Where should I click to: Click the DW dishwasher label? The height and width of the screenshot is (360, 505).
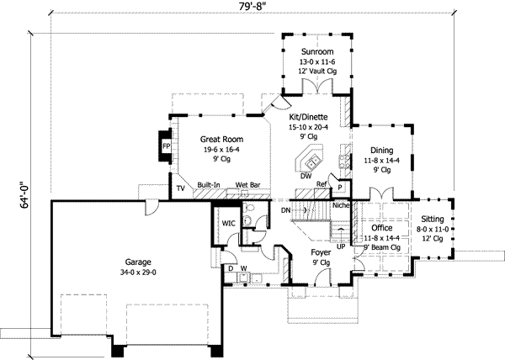[306, 177]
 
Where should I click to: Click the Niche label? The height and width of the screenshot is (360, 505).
[341, 204]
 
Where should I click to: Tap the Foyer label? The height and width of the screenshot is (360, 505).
[321, 251]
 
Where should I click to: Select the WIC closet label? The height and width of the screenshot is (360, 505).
[227, 224]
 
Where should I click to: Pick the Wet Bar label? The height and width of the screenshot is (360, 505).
[247, 185]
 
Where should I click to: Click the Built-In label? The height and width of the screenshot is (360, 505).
[210, 185]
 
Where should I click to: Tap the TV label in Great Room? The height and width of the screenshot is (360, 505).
[180, 189]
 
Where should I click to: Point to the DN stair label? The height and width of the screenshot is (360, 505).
[285, 209]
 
